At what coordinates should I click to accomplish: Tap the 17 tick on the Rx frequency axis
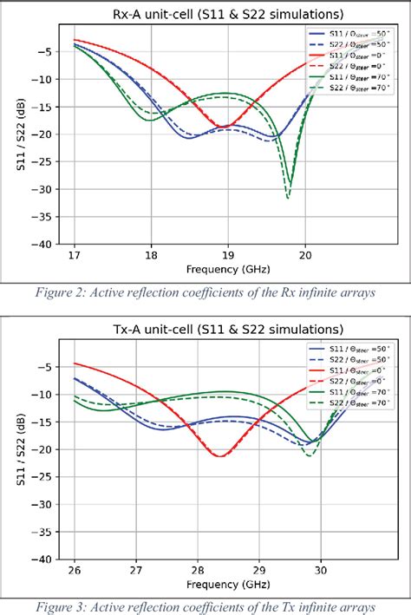pos(74,255)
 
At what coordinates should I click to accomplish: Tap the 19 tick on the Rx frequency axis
pos(227,255)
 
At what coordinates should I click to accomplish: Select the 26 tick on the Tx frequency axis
pos(74,570)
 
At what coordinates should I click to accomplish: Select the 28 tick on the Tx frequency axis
pos(197,570)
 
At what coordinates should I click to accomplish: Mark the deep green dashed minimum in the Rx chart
pos(288,198)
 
